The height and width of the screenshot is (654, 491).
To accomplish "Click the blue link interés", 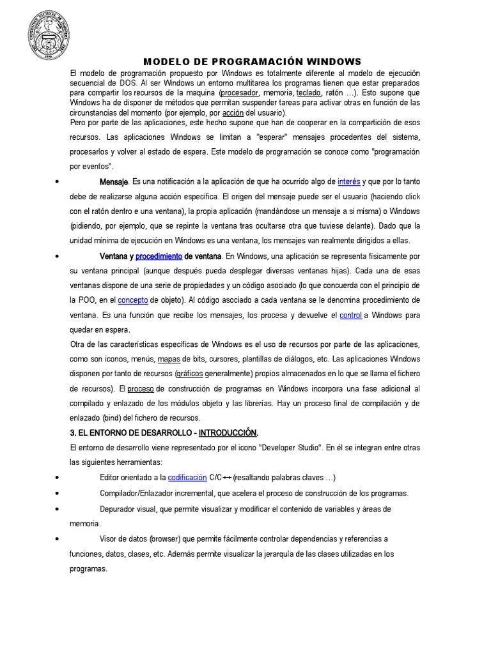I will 348,183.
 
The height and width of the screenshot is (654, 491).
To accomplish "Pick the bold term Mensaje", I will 114,183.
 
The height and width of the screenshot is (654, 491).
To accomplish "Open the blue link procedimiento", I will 159,256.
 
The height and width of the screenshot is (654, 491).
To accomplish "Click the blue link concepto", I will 133,300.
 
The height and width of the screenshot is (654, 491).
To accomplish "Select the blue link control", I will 351,315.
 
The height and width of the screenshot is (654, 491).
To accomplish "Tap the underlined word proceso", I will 140,388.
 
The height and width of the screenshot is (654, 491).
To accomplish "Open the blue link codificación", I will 187,478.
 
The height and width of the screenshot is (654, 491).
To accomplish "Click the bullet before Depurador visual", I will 58,508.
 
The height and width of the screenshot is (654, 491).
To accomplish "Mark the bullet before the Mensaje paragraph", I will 58,183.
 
